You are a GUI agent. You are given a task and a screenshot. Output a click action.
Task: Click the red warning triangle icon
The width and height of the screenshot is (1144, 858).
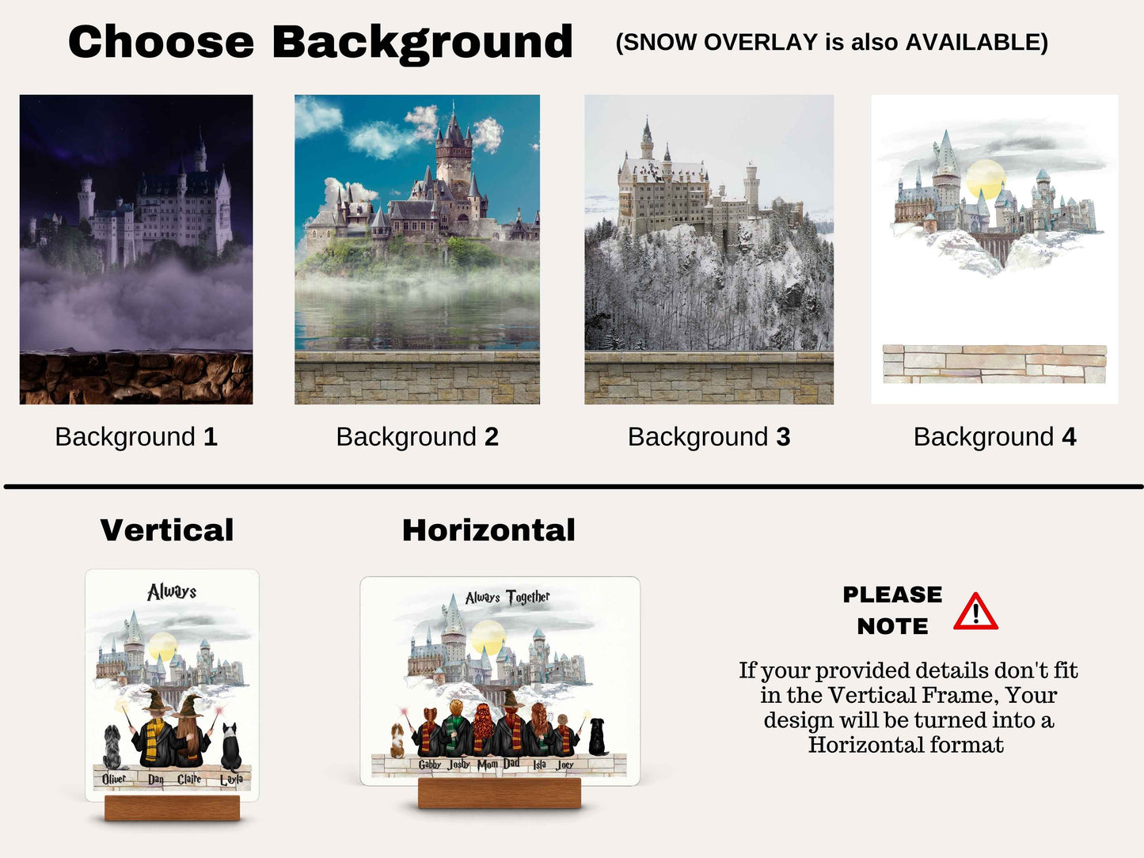975,612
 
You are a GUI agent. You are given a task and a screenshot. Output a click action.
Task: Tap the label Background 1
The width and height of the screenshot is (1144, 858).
136,437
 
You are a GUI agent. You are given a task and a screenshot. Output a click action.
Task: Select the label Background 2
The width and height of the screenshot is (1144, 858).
417,437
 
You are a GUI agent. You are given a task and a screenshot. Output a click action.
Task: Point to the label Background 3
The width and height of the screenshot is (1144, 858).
709,437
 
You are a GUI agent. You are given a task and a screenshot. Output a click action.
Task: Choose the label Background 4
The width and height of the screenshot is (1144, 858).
994,437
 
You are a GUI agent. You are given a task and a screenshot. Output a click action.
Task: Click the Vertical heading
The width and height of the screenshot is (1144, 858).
167,530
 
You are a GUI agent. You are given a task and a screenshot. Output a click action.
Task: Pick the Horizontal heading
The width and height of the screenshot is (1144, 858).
488,530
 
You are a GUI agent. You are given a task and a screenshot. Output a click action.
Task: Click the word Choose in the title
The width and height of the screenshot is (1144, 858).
161,42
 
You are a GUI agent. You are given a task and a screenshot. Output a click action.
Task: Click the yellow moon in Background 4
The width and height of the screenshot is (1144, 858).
985,179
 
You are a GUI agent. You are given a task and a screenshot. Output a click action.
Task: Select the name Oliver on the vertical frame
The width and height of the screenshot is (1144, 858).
114,779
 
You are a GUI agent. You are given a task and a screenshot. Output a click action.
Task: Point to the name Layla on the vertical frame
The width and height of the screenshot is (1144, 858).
231,780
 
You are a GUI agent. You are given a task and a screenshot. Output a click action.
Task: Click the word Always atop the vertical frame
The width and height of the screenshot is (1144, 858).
172,592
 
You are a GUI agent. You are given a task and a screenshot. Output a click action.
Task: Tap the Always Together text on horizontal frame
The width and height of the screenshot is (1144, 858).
507,597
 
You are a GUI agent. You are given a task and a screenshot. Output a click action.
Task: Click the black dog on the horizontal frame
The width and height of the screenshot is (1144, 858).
598,737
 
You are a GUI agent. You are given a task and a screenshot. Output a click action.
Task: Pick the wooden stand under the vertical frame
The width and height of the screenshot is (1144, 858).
172,808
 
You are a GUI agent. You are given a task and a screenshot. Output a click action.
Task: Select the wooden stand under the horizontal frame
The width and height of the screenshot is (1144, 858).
500,793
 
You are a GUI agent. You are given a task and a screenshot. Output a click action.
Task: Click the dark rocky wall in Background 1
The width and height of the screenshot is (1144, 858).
136,378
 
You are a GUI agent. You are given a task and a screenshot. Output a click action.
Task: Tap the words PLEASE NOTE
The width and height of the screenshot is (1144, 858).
892,610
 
